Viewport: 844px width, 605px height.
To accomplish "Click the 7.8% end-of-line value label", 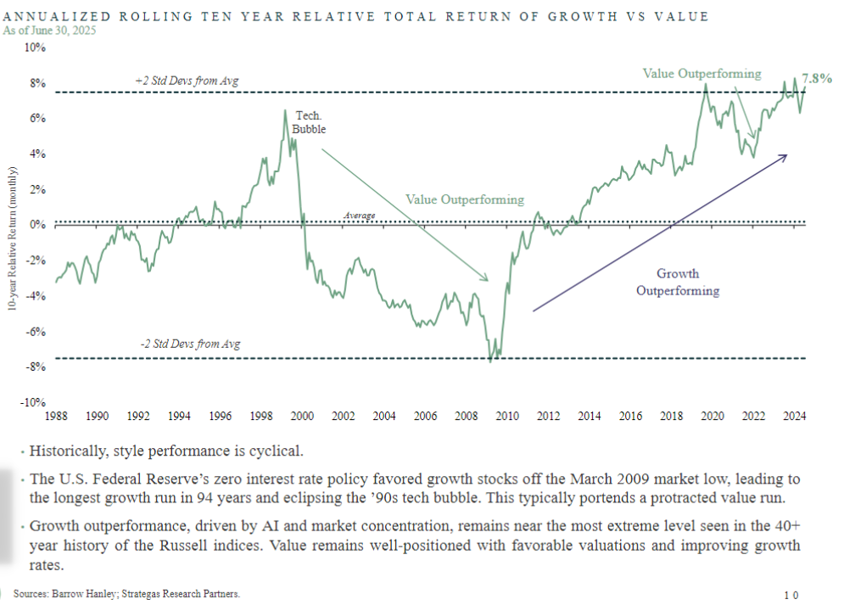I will click(817, 78).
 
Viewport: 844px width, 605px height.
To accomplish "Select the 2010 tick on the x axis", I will click(507, 416).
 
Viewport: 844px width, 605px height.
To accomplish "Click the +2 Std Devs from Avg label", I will click(187, 81).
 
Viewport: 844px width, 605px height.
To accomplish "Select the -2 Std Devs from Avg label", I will click(190, 345).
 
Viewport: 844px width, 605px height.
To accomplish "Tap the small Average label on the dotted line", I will click(360, 216).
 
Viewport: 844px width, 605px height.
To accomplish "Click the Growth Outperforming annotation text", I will click(678, 283).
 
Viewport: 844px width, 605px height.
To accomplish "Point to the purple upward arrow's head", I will click(785, 156).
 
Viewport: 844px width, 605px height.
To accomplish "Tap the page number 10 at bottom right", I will click(791, 595).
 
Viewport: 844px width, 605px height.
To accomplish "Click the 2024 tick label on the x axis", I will click(795, 416).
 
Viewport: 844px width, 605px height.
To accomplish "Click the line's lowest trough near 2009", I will click(490, 361).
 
